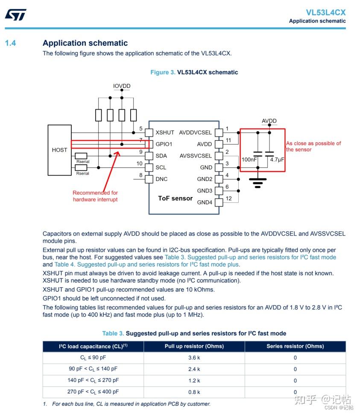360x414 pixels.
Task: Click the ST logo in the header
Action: [15, 15]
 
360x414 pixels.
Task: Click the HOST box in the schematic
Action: [59, 150]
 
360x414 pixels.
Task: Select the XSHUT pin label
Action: [165, 133]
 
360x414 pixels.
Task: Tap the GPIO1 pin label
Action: [164, 144]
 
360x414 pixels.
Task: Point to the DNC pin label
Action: [161, 179]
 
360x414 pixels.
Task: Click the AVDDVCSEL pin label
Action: [195, 133]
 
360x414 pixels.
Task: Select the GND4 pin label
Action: [204, 202]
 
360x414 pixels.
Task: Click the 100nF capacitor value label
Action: [249, 159]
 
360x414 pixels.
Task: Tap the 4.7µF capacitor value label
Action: [277, 159]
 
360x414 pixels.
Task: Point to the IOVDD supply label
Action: [122, 86]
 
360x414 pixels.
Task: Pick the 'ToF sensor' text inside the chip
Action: [175, 198]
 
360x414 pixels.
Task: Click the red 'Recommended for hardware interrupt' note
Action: [95, 196]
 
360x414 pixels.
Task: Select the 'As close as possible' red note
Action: [313, 146]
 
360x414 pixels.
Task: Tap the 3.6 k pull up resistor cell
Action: [194, 358]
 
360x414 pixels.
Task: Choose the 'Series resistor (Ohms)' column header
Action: [295, 346]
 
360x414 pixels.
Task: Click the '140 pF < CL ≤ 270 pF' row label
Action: [93, 380]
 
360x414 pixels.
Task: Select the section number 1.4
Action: [10, 43]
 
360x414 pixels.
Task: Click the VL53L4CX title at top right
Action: [325, 12]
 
